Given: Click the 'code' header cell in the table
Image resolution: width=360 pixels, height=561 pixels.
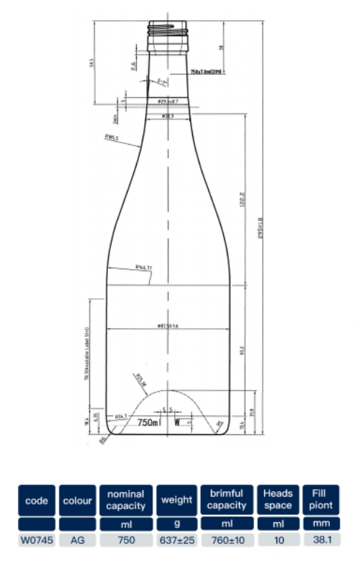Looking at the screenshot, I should [x=37, y=500].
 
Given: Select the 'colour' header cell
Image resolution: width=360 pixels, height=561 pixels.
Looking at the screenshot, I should [x=78, y=500].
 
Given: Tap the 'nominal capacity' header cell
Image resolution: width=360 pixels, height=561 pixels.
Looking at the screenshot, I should [x=126, y=500].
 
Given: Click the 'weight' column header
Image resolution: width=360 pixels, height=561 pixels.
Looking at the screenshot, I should [x=176, y=500].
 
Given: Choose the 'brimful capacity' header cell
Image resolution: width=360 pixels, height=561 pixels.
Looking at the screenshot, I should [x=227, y=500].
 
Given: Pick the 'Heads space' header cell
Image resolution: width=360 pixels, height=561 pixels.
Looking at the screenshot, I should [x=277, y=500].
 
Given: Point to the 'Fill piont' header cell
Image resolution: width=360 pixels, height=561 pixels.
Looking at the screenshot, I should [x=321, y=500].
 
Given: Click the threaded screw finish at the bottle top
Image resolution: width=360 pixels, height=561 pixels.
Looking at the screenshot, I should [x=168, y=30].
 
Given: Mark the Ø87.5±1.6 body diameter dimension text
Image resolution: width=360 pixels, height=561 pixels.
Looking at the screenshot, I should [x=167, y=326].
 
